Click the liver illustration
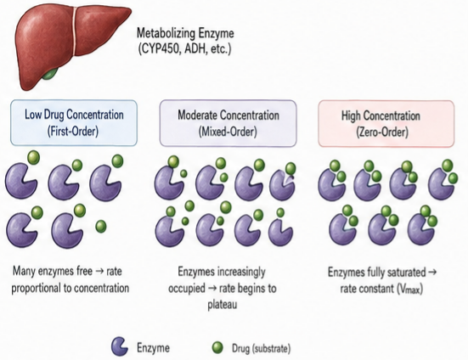[70, 42]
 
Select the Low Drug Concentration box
[74, 123]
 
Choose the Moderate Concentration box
[228, 123]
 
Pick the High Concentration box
[386, 123]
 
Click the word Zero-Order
[382, 132]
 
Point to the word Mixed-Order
[228, 132]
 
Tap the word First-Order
[73, 131]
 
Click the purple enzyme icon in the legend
[120, 346]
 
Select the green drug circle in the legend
[217, 347]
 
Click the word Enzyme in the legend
[153, 348]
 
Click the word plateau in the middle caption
[222, 305]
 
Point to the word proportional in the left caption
[38, 289]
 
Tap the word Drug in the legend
[240, 348]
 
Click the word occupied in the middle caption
[187, 289]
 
